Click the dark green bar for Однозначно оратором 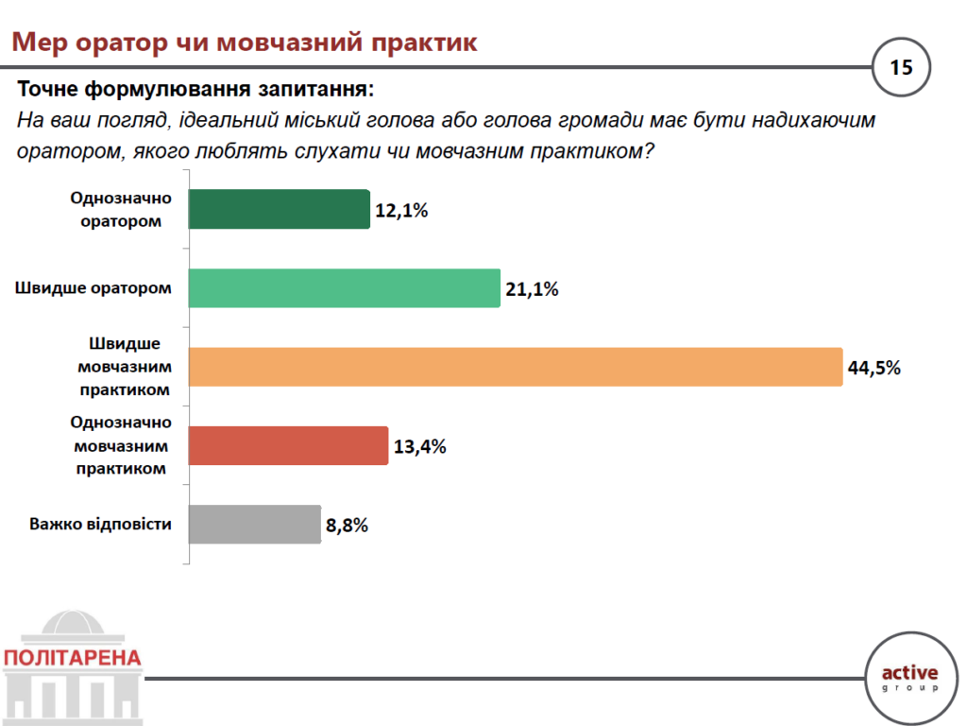click(279, 209)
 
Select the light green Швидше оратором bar click(344, 288)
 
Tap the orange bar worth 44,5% click(515, 367)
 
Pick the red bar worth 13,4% click(288, 445)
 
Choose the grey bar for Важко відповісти click(255, 524)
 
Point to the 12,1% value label click(401, 210)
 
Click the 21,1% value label click(532, 289)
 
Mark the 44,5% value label click(874, 368)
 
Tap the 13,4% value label click(419, 446)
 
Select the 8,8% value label click(347, 525)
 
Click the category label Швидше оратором click(93, 288)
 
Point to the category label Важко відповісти click(100, 524)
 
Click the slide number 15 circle click(901, 67)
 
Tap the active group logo click(909, 677)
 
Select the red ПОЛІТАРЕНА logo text click(72, 658)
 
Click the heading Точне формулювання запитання click(195, 91)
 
